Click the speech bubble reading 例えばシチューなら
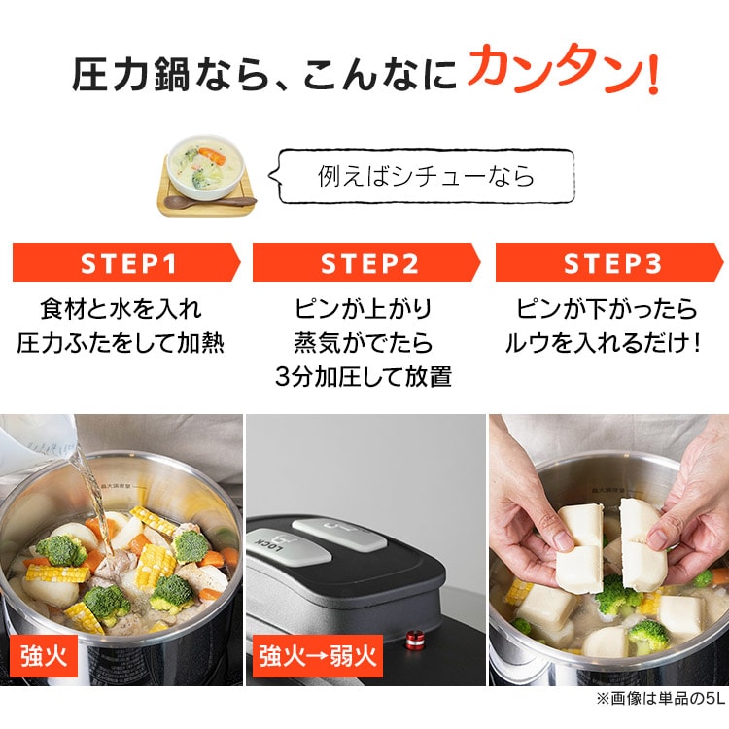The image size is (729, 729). tap(426, 176)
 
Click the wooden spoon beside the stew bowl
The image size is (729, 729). tap(220, 201)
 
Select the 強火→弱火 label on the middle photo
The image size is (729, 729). tap(315, 657)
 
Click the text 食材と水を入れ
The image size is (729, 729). tap(121, 310)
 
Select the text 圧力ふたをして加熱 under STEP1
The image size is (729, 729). tap(121, 343)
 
